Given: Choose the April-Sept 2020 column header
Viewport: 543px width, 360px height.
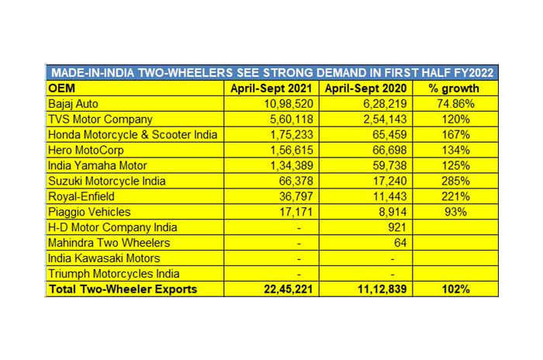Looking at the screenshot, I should pos(365,88).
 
